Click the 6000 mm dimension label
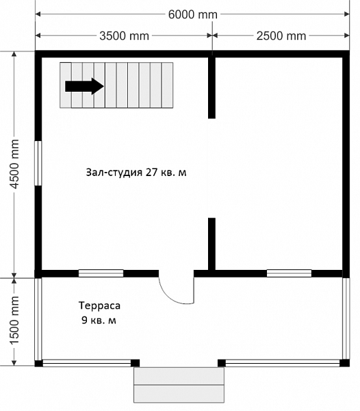(193, 14)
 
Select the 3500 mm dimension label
(124, 36)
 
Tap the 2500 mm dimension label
(281, 36)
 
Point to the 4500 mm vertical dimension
(14, 164)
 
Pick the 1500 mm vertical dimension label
(14, 321)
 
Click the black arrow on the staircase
(84, 86)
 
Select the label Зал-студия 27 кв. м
(136, 173)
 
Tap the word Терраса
(99, 306)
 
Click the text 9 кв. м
(99, 320)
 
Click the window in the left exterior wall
(38, 163)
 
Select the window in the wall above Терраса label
(101, 273)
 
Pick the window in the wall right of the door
(289, 273)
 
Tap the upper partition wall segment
(211, 88)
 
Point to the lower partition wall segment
(211, 244)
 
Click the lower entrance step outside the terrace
(179, 393)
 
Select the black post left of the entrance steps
(135, 363)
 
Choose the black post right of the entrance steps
(222, 363)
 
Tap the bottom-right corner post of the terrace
(344, 363)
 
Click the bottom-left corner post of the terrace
(39, 363)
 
